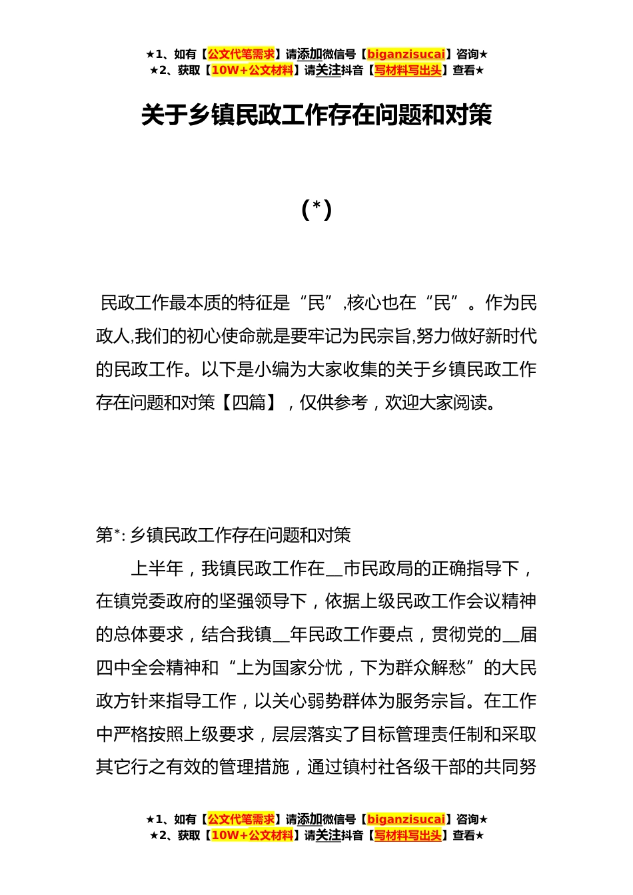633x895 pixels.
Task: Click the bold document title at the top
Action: click(x=316, y=115)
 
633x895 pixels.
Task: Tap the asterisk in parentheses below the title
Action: click(x=316, y=210)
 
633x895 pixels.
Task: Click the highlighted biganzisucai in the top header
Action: click(x=406, y=54)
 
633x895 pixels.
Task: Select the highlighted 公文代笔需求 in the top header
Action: click(x=241, y=54)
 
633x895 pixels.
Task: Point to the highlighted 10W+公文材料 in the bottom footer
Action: click(x=252, y=835)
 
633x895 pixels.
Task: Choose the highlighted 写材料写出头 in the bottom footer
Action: click(x=408, y=835)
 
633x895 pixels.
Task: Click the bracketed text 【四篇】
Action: click(x=249, y=403)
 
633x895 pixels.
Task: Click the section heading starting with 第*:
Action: click(x=223, y=535)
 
